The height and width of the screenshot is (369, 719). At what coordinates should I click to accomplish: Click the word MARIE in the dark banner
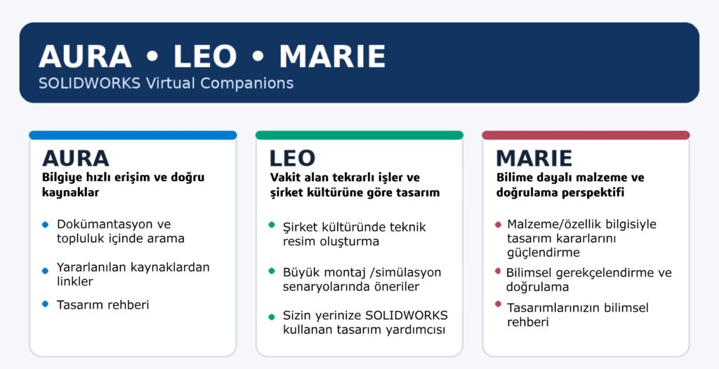click(332, 56)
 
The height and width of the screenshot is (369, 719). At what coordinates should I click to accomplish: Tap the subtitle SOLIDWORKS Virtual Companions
click(166, 83)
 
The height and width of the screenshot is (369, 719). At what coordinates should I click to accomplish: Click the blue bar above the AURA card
click(133, 135)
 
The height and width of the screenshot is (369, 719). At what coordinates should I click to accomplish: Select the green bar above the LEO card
click(359, 135)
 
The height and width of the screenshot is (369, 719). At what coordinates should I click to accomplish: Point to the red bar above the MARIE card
click(586, 135)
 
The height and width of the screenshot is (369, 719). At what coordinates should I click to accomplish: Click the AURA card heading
click(76, 158)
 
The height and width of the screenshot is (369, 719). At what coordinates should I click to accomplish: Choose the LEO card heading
click(292, 158)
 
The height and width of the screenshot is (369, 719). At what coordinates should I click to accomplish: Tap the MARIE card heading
click(534, 158)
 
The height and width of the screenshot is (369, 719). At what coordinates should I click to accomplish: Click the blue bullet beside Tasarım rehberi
click(45, 304)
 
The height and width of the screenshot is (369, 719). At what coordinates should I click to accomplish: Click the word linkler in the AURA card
click(74, 281)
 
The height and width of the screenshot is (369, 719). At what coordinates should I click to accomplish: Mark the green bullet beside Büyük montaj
click(272, 271)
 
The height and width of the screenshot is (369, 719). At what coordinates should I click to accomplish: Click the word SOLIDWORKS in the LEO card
click(407, 316)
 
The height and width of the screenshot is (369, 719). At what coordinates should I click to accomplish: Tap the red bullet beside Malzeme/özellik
click(498, 224)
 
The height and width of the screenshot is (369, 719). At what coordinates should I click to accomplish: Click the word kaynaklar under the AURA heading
click(71, 192)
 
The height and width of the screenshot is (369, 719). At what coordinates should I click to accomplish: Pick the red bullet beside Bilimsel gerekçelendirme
click(498, 271)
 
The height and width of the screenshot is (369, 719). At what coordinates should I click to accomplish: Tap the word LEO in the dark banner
click(205, 56)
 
